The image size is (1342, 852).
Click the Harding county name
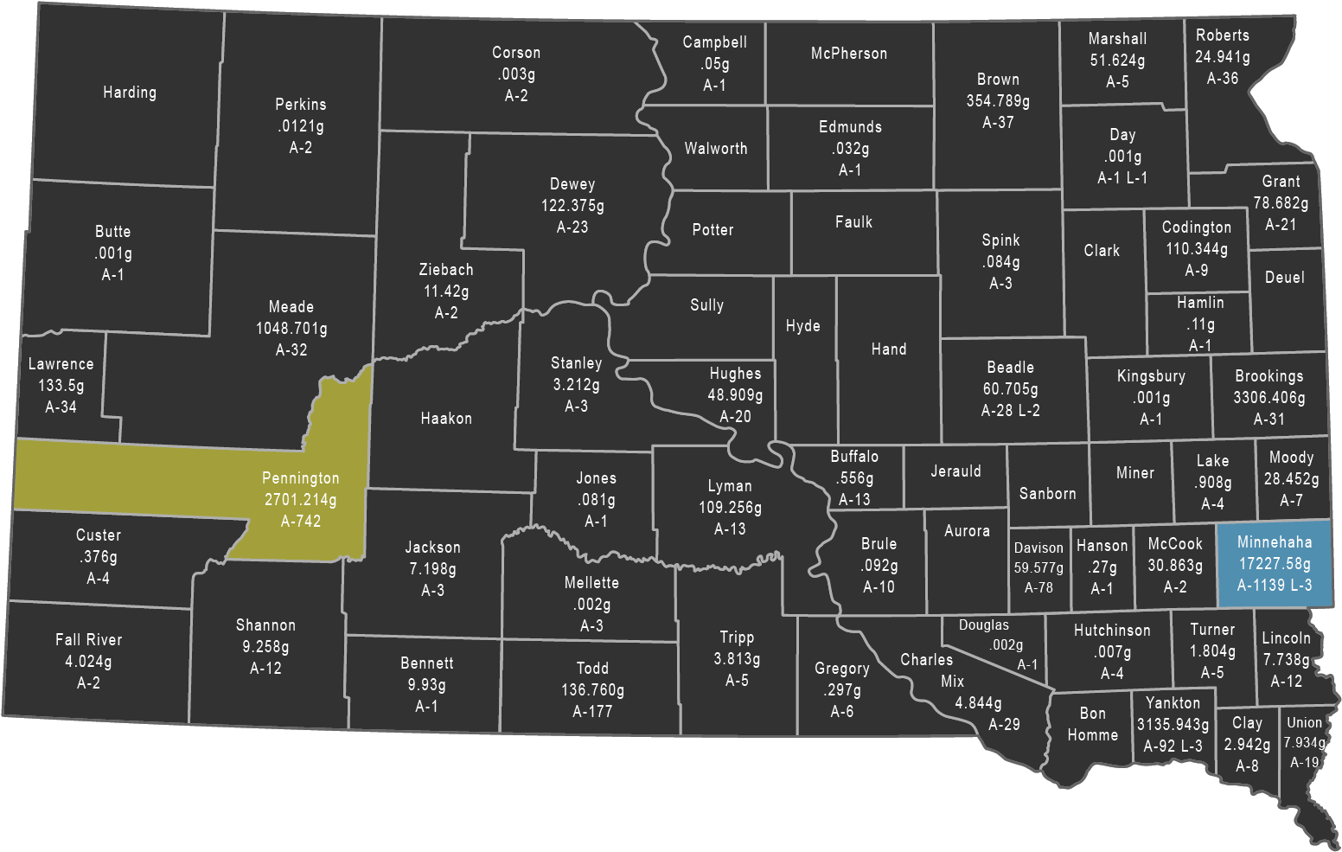pos(130,93)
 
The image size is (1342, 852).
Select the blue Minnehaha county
pos(1274,564)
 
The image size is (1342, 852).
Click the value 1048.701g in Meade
pos(291,329)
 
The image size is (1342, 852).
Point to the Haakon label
pos(446,419)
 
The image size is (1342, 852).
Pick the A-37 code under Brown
pos(998,123)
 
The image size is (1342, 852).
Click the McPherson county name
pos(849,54)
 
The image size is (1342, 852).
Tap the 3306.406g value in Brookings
pos(1269,398)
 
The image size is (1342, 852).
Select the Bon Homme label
pos(1092,724)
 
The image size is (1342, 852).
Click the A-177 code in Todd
pos(592,712)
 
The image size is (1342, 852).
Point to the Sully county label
pos(706,305)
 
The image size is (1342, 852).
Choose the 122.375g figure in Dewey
pos(572,206)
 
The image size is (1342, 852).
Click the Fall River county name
pos(88,640)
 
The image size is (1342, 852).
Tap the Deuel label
pos(1284,278)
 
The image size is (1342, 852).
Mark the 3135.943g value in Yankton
pos(1173,725)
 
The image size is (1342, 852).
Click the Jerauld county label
pos(955,471)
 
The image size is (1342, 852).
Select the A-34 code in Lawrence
pos(61,407)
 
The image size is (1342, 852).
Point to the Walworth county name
pos(716,149)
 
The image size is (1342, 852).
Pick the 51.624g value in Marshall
pos(1117,61)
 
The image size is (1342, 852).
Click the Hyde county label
pos(802,326)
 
